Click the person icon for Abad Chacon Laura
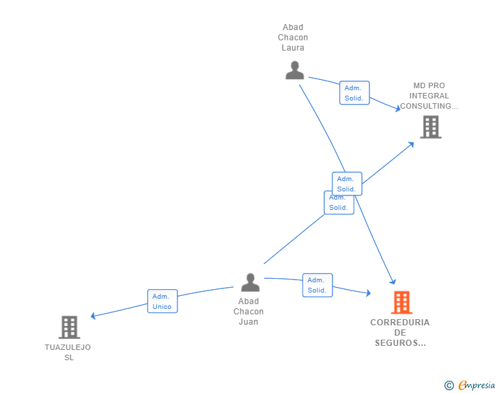[294, 70]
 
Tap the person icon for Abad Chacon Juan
[250, 282]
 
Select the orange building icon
[401, 302]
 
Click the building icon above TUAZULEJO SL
[69, 327]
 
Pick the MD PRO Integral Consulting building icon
[430, 127]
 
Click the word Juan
[248, 322]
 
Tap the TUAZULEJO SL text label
[68, 352]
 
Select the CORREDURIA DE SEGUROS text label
[400, 333]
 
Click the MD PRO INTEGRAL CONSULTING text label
[429, 96]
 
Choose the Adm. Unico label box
[162, 301]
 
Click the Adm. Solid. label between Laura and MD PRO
[354, 93]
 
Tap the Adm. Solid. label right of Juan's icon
[317, 285]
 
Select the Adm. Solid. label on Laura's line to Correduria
[347, 183]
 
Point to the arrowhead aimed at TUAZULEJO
[94, 316]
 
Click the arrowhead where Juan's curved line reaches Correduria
[368, 293]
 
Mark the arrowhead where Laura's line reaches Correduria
[393, 281]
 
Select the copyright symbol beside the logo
[449, 385]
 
